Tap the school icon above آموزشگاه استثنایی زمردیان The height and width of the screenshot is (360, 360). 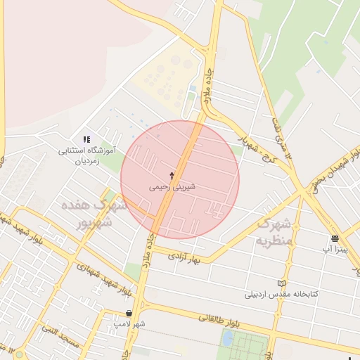click(86, 140)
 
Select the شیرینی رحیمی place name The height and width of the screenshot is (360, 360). click(172, 188)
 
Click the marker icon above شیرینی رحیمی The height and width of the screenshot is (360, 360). click(172, 174)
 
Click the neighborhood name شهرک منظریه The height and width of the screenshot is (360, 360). click(272, 232)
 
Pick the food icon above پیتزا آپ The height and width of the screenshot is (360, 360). click(335, 238)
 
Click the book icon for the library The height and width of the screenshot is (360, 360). click(282, 283)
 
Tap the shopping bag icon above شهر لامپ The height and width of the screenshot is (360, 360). click(128, 313)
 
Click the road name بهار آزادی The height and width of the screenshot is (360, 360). click(186, 257)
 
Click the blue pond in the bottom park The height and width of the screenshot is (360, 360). click(227, 338)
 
